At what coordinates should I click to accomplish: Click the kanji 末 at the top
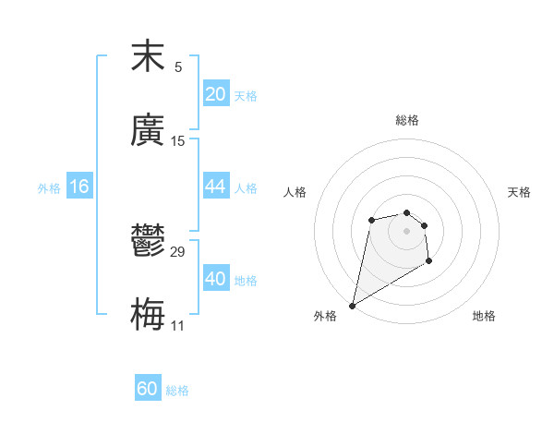pyautogui.click(x=148, y=57)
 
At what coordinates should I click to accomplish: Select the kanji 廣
pyautogui.click(x=148, y=130)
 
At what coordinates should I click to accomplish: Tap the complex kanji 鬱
pyautogui.click(x=148, y=243)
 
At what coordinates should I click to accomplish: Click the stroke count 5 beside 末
pyautogui.click(x=178, y=67)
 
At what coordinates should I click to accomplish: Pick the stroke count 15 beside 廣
pyautogui.click(x=178, y=141)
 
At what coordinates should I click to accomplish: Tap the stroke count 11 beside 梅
pyautogui.click(x=178, y=326)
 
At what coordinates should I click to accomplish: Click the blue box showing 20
pyautogui.click(x=216, y=94)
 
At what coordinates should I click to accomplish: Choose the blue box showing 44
pyautogui.click(x=216, y=187)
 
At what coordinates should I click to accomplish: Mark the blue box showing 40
pyautogui.click(x=216, y=279)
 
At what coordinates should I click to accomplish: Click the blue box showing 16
pyautogui.click(x=79, y=187)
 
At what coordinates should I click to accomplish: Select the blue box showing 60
pyautogui.click(x=148, y=389)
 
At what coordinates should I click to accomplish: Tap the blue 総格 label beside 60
pyautogui.click(x=177, y=391)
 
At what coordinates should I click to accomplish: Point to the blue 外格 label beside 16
pyautogui.click(x=49, y=188)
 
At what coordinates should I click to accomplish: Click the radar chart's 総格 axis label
pyautogui.click(x=406, y=120)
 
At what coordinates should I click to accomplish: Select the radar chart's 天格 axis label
pyautogui.click(x=519, y=192)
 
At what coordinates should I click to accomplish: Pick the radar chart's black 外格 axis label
pyautogui.click(x=325, y=316)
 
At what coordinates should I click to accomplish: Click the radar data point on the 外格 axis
pyautogui.click(x=352, y=306)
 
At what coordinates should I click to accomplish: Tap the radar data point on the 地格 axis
pyautogui.click(x=428, y=261)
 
